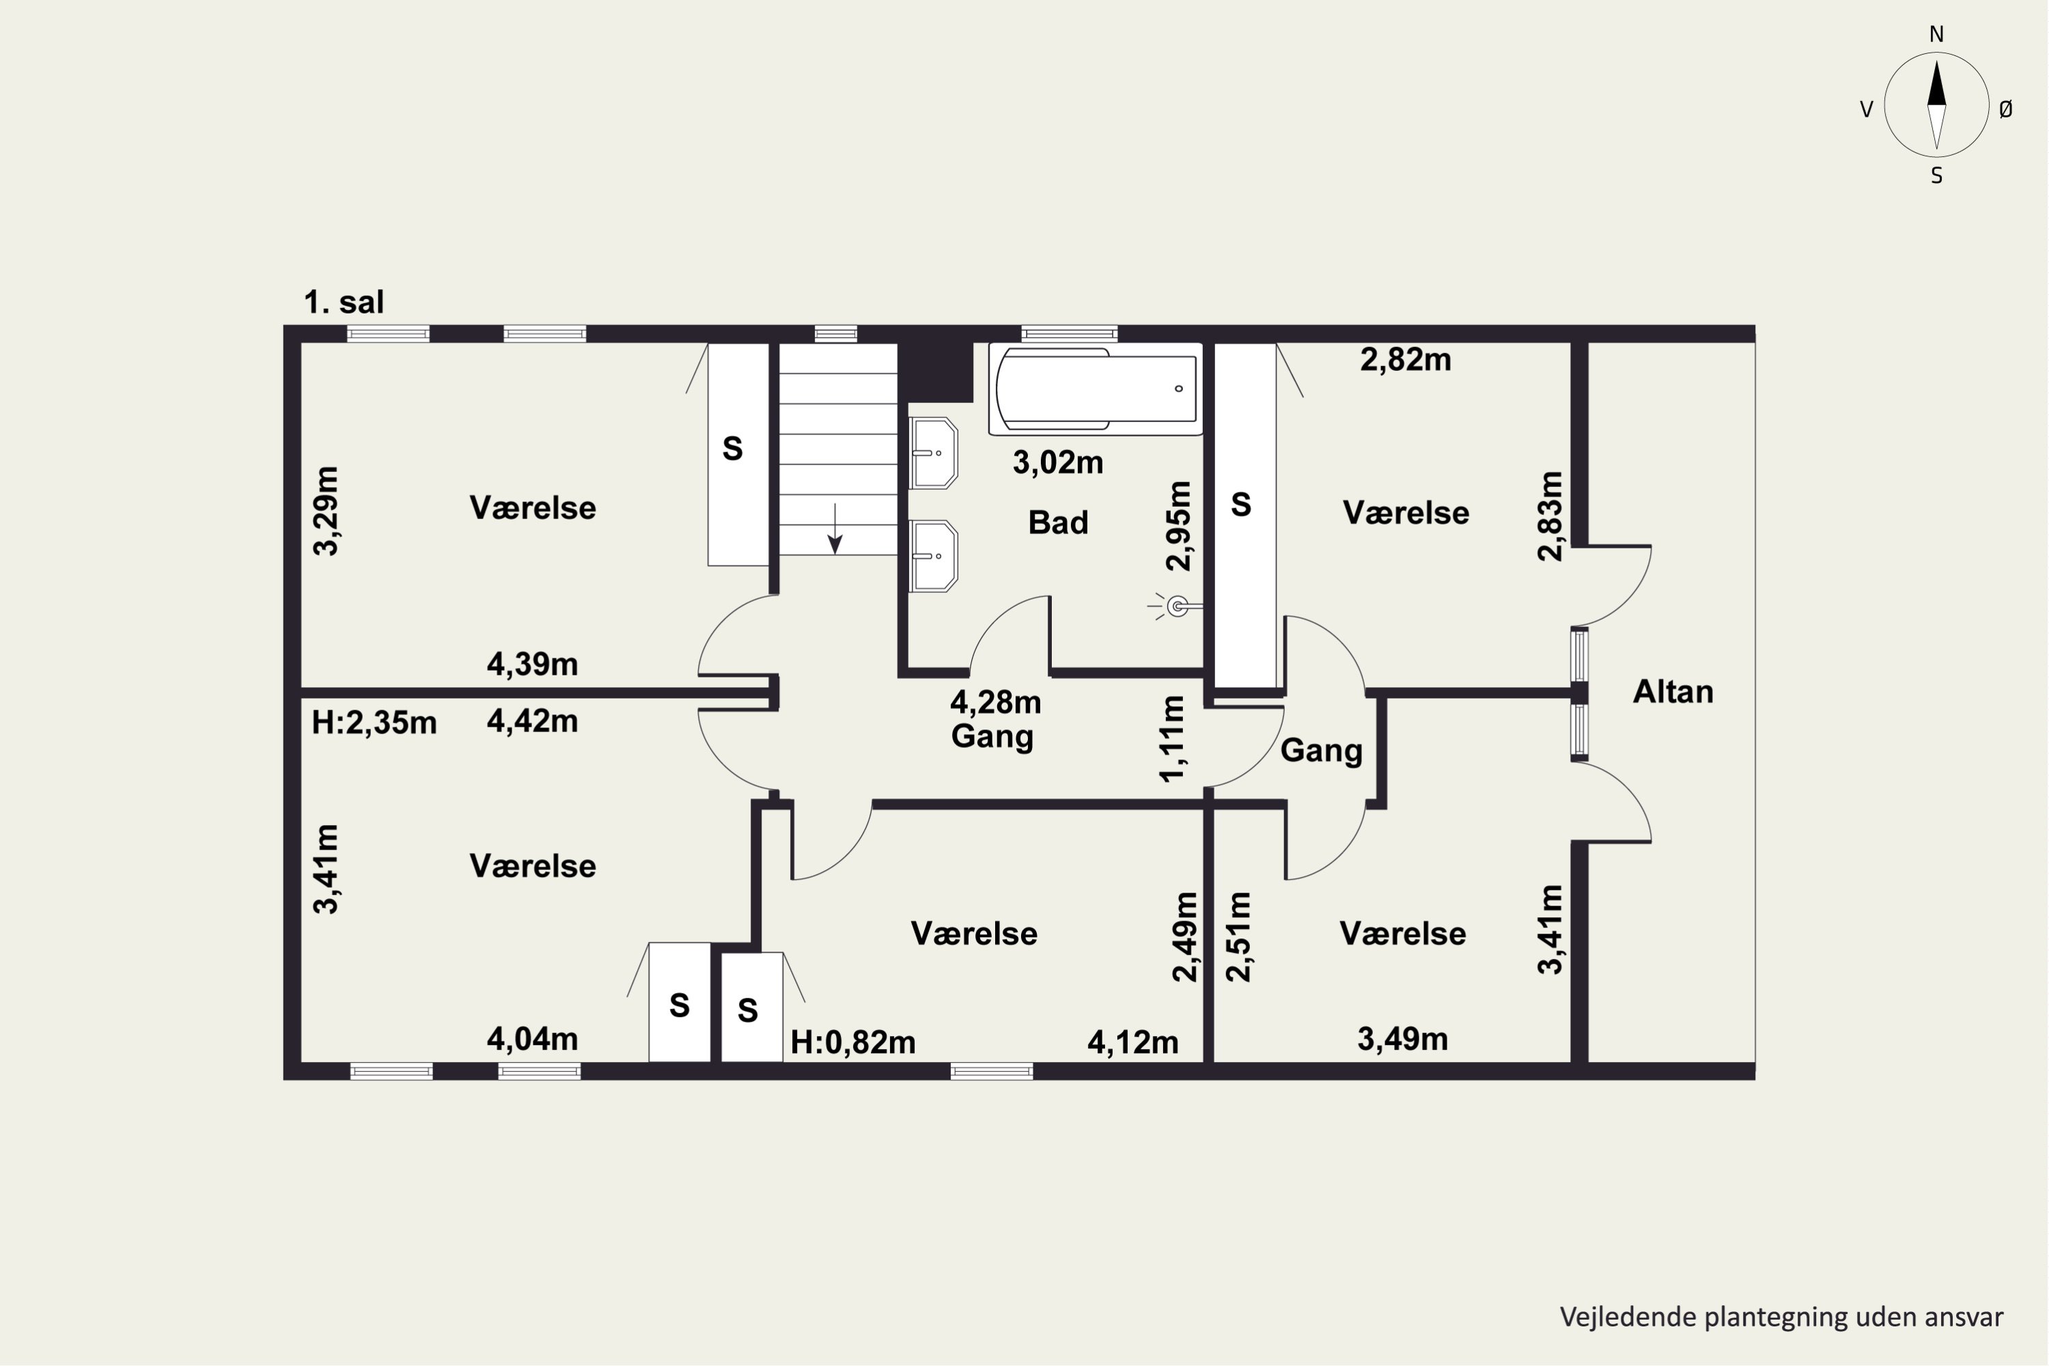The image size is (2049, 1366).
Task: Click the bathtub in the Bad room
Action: pyautogui.click(x=1095, y=389)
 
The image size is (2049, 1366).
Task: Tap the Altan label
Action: pyautogui.click(x=1673, y=692)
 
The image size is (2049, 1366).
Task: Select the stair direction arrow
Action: pyautogui.click(x=835, y=528)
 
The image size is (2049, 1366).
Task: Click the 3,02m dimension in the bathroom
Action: pyautogui.click(x=1057, y=462)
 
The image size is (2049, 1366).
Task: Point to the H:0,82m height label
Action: pyautogui.click(x=853, y=1043)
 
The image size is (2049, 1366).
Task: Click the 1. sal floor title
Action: pyautogui.click(x=344, y=303)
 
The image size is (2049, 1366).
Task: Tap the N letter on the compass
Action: pyautogui.click(x=1936, y=34)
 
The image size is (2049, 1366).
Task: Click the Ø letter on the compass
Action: pyautogui.click(x=2005, y=109)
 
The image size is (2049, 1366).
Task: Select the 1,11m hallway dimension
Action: pyautogui.click(x=1173, y=739)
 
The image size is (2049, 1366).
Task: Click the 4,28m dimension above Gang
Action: pyautogui.click(x=995, y=701)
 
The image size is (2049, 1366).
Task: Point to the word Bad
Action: pyautogui.click(x=1057, y=522)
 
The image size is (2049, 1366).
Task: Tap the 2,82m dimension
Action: pyautogui.click(x=1405, y=360)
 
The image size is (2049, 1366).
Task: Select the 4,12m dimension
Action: pyautogui.click(x=1132, y=1043)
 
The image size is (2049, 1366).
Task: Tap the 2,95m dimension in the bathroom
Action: pyautogui.click(x=1179, y=526)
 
